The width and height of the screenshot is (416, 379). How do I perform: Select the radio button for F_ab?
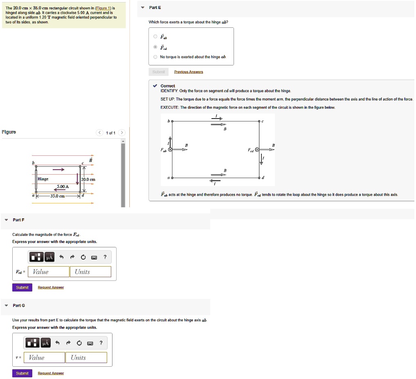[155, 37]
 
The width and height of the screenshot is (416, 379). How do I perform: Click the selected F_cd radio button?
[155, 47]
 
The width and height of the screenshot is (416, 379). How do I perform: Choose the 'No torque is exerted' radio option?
[155, 57]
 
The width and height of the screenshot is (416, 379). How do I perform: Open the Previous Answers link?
[188, 72]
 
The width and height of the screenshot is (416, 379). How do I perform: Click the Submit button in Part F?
[22, 287]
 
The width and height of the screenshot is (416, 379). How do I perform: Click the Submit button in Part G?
[22, 373]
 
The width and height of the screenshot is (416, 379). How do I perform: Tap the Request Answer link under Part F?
[51, 287]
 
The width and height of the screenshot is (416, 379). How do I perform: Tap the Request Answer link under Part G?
[51, 373]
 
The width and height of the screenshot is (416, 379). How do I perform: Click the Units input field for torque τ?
[86, 358]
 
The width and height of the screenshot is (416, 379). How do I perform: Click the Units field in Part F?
[90, 272]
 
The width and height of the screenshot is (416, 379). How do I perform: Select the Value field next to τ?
[44, 358]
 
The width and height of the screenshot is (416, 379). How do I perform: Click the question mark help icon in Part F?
[105, 257]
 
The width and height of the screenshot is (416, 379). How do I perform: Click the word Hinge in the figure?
[43, 179]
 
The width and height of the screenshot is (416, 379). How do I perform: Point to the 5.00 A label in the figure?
[63, 186]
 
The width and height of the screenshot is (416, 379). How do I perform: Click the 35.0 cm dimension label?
[57, 196]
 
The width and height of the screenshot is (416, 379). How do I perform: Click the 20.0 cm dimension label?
[88, 179]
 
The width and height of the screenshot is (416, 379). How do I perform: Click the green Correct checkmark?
[155, 86]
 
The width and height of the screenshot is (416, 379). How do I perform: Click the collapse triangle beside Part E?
[142, 8]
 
